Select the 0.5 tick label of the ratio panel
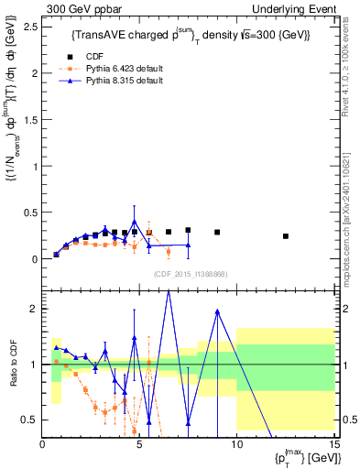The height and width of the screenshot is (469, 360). [32, 420]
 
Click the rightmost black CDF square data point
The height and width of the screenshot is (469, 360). [285, 236]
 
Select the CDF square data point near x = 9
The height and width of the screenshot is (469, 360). [217, 233]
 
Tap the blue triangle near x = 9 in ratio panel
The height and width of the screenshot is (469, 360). [217, 311]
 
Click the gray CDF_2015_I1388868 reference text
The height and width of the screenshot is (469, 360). [190, 274]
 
